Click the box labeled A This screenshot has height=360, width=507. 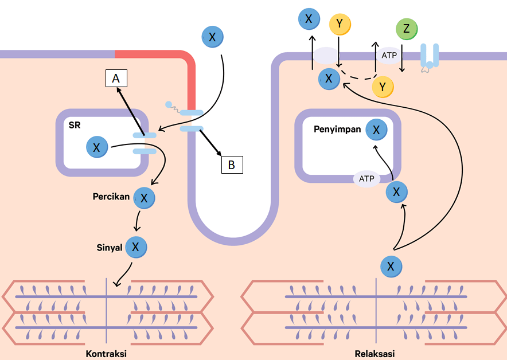[x=116, y=79]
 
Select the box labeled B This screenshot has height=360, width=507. [x=232, y=165]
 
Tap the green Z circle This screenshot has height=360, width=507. [x=407, y=29]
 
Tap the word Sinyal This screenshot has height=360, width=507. [x=110, y=248]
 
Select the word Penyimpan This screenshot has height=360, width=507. [x=337, y=130]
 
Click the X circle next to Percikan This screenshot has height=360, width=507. [x=144, y=198]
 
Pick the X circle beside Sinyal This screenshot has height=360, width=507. [x=136, y=247]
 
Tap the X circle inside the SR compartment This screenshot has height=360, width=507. [x=96, y=147]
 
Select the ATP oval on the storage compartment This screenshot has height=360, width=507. [x=366, y=178]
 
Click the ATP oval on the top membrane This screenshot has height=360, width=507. [x=389, y=55]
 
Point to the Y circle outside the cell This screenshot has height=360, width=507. [x=340, y=24]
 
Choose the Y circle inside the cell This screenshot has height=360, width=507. [x=383, y=87]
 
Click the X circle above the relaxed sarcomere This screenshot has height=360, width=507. [x=391, y=267]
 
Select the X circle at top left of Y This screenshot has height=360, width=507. [x=309, y=19]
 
